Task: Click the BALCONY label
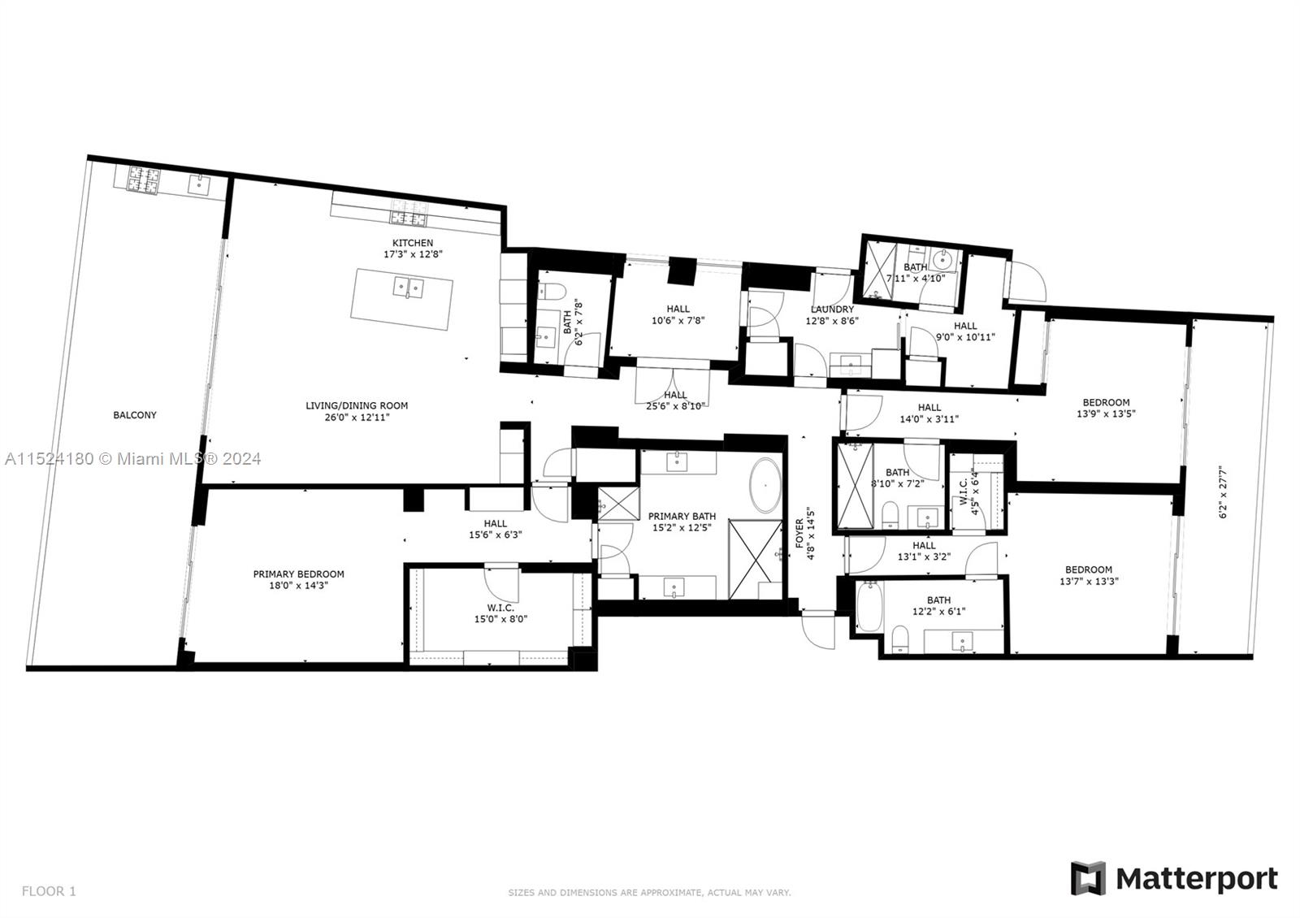(135, 415)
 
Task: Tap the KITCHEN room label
(413, 243)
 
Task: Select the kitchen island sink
(409, 288)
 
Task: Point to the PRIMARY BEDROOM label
(298, 574)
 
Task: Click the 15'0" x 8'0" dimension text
(500, 619)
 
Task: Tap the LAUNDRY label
(832, 310)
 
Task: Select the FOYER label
(799, 533)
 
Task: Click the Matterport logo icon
(1088, 878)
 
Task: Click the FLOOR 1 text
(49, 890)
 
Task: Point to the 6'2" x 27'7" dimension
(1223, 491)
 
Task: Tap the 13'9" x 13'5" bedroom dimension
(1106, 414)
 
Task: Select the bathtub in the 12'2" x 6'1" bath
(869, 607)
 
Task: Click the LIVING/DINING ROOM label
(357, 406)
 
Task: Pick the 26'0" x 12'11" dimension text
(357, 418)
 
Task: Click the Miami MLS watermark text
(133, 459)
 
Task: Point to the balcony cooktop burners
(143, 180)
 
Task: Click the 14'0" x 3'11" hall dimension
(929, 419)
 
